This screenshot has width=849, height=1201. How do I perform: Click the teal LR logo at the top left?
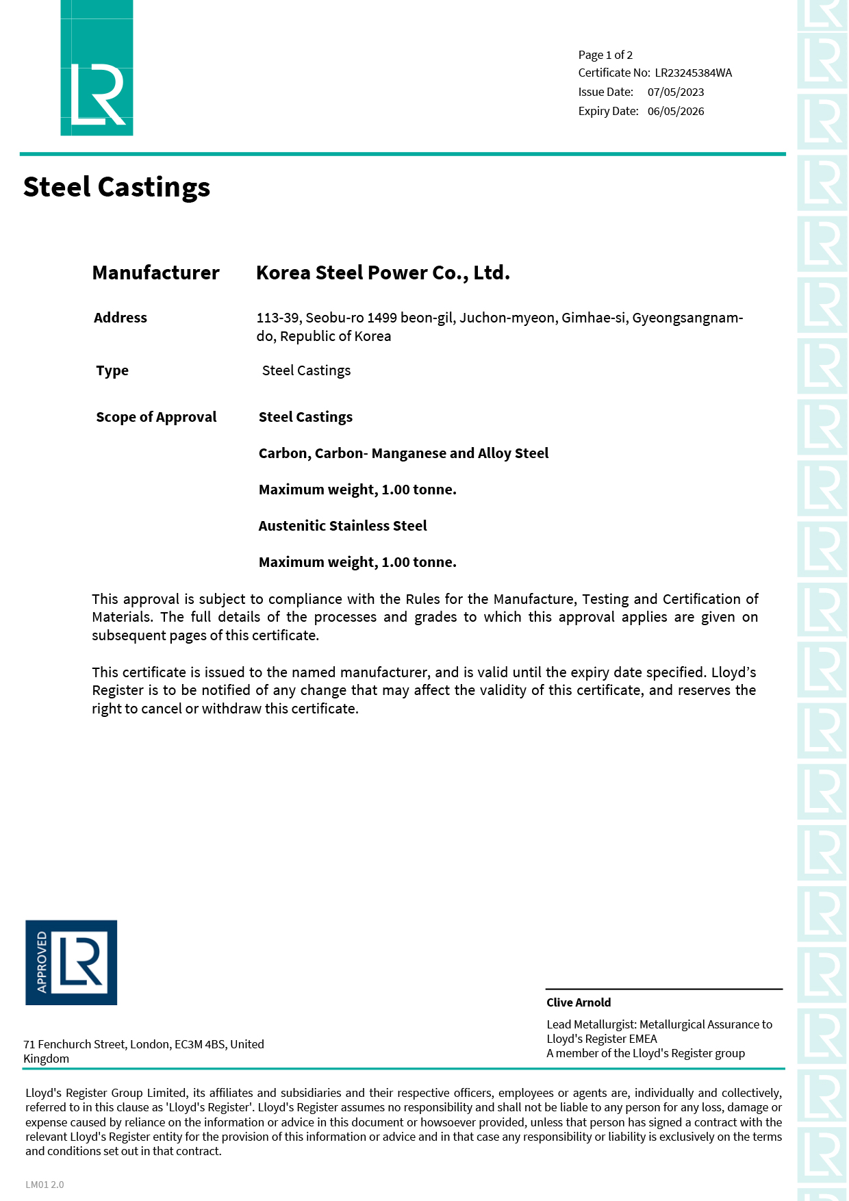[x=97, y=68]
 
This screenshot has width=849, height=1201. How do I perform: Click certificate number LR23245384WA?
[x=693, y=73]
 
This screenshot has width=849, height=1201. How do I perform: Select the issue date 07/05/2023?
[x=675, y=92]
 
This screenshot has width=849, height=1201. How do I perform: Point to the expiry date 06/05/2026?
[x=675, y=111]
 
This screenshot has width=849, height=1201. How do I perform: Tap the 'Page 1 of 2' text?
[x=605, y=55]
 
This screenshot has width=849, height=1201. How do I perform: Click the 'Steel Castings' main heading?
[x=116, y=187]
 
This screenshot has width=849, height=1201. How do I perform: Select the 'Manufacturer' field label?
[x=155, y=273]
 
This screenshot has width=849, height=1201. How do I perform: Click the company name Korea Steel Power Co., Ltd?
[x=383, y=273]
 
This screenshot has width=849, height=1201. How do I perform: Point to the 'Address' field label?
[x=121, y=318]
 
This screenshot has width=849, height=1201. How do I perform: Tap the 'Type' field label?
[x=112, y=370]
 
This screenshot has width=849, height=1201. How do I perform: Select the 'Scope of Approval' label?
[x=156, y=417]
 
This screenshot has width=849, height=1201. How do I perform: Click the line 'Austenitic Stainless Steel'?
[x=342, y=526]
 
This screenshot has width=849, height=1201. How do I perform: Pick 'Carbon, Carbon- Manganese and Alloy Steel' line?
[x=403, y=453]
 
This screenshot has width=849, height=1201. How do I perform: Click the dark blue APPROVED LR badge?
[x=71, y=962]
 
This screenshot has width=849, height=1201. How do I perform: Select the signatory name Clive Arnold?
[x=579, y=1002]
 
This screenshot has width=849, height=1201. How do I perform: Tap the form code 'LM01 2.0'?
[x=45, y=1185]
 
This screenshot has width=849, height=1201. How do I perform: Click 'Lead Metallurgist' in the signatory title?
[x=592, y=1024]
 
